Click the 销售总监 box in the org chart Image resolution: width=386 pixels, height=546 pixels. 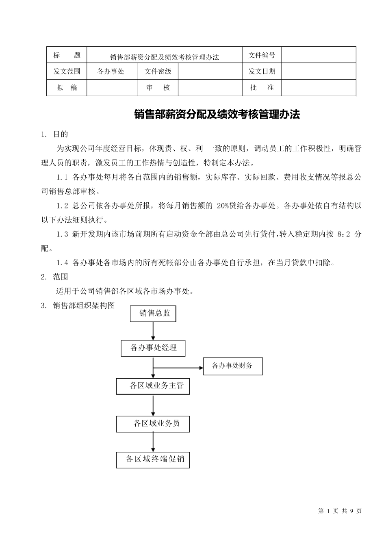(x=153, y=313)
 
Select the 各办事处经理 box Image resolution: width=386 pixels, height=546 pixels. (x=154, y=348)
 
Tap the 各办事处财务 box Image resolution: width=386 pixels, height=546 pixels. (x=233, y=366)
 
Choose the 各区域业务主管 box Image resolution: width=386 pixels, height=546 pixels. (x=153, y=386)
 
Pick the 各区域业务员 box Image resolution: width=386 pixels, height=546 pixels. (x=153, y=424)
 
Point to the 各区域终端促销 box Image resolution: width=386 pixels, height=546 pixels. (x=153, y=459)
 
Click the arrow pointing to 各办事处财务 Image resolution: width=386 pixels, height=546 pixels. (x=179, y=368)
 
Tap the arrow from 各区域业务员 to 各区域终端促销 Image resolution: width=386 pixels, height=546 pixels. (x=153, y=442)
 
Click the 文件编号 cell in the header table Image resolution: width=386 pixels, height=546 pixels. (x=262, y=55)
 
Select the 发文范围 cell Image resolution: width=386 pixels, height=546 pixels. (x=67, y=71)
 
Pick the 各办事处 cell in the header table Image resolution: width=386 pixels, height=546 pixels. (x=111, y=71)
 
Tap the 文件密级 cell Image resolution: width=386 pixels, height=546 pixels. (x=158, y=71)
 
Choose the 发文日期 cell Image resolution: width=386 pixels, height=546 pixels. (x=262, y=71)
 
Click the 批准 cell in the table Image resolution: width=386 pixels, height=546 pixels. (x=262, y=88)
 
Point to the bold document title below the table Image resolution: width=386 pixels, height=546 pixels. (x=217, y=115)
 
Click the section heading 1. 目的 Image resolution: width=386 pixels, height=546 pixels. (x=55, y=134)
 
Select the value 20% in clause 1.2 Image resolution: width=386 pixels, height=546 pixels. (x=223, y=206)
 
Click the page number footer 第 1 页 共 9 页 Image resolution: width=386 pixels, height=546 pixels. (x=340, y=511)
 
